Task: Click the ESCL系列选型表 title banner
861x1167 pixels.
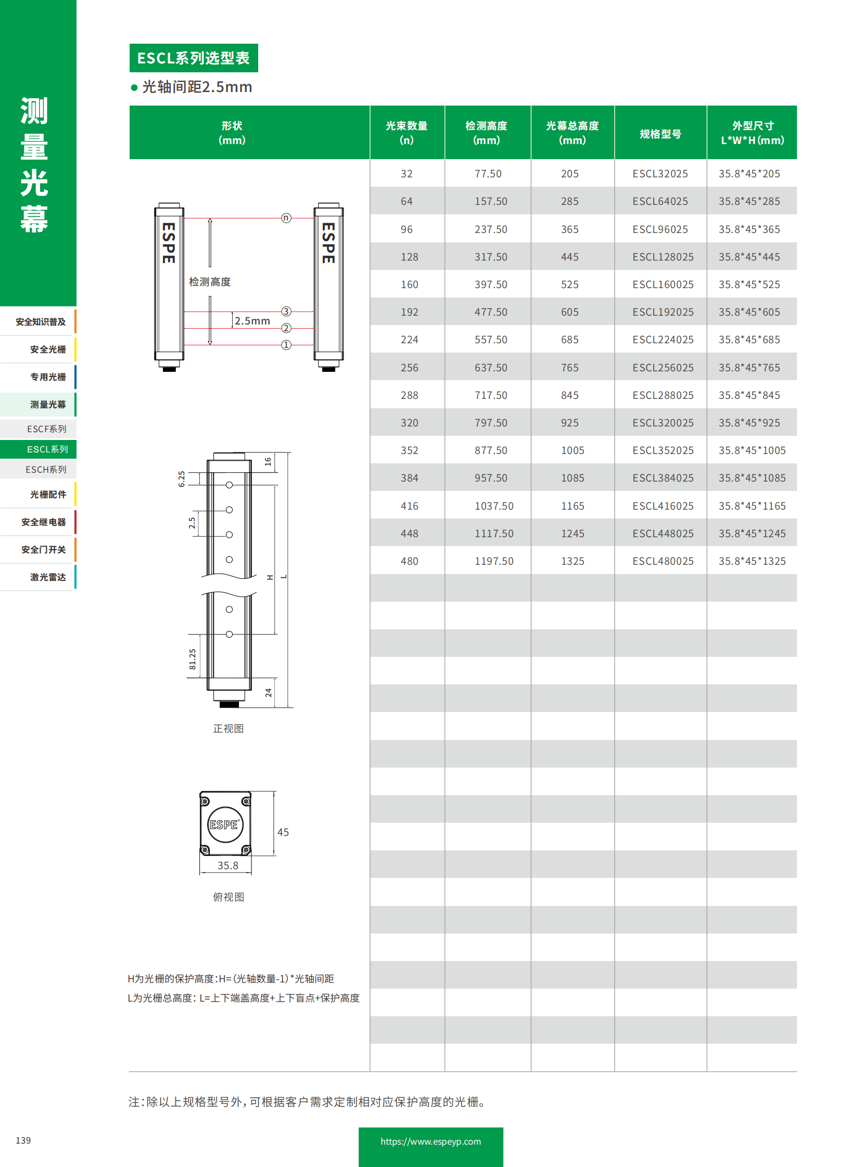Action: coord(193,58)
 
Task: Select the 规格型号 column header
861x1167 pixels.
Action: coord(660,134)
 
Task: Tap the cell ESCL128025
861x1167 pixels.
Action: coord(663,257)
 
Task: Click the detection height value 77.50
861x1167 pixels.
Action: coord(487,173)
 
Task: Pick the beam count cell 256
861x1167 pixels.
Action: coord(409,368)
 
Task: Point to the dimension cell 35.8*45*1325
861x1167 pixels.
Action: coord(752,561)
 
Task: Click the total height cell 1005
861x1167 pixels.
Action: coord(572,450)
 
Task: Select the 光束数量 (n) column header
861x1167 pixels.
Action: coord(407,133)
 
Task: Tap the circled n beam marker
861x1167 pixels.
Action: coord(286,218)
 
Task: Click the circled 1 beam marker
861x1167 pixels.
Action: coord(286,345)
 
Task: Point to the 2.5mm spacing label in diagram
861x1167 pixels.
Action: coord(252,321)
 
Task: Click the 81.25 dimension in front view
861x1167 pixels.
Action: coord(192,659)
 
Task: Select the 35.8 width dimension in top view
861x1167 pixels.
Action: coord(227,865)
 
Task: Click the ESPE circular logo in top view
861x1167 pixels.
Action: coord(225,824)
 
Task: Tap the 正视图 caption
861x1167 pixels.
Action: coord(229,729)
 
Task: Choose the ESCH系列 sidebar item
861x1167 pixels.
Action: coord(46,470)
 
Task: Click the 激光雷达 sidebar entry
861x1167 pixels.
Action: coord(47,577)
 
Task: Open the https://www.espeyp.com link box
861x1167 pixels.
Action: coord(430,1142)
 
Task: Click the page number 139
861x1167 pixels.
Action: coord(23,1140)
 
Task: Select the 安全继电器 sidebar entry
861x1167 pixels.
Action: coord(43,522)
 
